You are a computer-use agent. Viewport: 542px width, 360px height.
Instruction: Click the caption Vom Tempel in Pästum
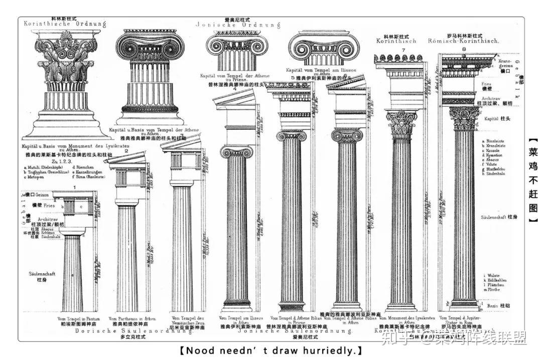coord(76,318)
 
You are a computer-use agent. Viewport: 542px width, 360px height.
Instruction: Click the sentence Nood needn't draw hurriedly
coord(271,350)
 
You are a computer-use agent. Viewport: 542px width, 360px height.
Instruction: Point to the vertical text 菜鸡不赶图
coord(532,180)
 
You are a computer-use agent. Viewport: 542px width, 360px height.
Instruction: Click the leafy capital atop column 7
coord(401,123)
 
